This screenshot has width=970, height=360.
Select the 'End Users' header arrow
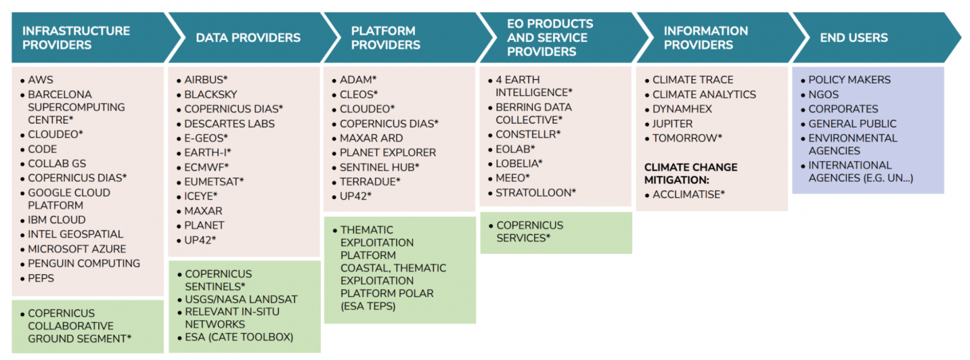click(x=875, y=38)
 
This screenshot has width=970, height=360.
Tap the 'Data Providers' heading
click(x=248, y=38)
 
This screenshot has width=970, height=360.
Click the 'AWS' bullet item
click(x=40, y=80)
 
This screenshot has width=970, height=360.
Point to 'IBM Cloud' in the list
click(x=57, y=220)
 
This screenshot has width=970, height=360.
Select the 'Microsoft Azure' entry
click(x=77, y=249)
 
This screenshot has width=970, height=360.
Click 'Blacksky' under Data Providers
click(x=211, y=95)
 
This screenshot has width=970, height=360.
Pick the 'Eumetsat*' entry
click(x=214, y=181)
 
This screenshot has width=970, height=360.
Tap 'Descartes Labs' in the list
click(x=229, y=123)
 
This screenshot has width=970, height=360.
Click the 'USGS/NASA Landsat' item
click(x=241, y=299)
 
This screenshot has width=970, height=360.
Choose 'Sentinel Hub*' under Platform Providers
click(x=380, y=167)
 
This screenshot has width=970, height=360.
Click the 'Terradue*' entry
click(x=370, y=181)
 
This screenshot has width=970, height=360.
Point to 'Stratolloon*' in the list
click(x=536, y=193)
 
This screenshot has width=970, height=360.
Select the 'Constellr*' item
click(x=528, y=135)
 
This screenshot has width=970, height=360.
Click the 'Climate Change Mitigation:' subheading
click(x=691, y=173)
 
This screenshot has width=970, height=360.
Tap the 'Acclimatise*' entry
click(x=688, y=195)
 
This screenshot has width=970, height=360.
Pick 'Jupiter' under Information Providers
click(x=673, y=123)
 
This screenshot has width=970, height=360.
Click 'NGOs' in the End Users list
click(x=823, y=95)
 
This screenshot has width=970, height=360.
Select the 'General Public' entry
click(x=852, y=123)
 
